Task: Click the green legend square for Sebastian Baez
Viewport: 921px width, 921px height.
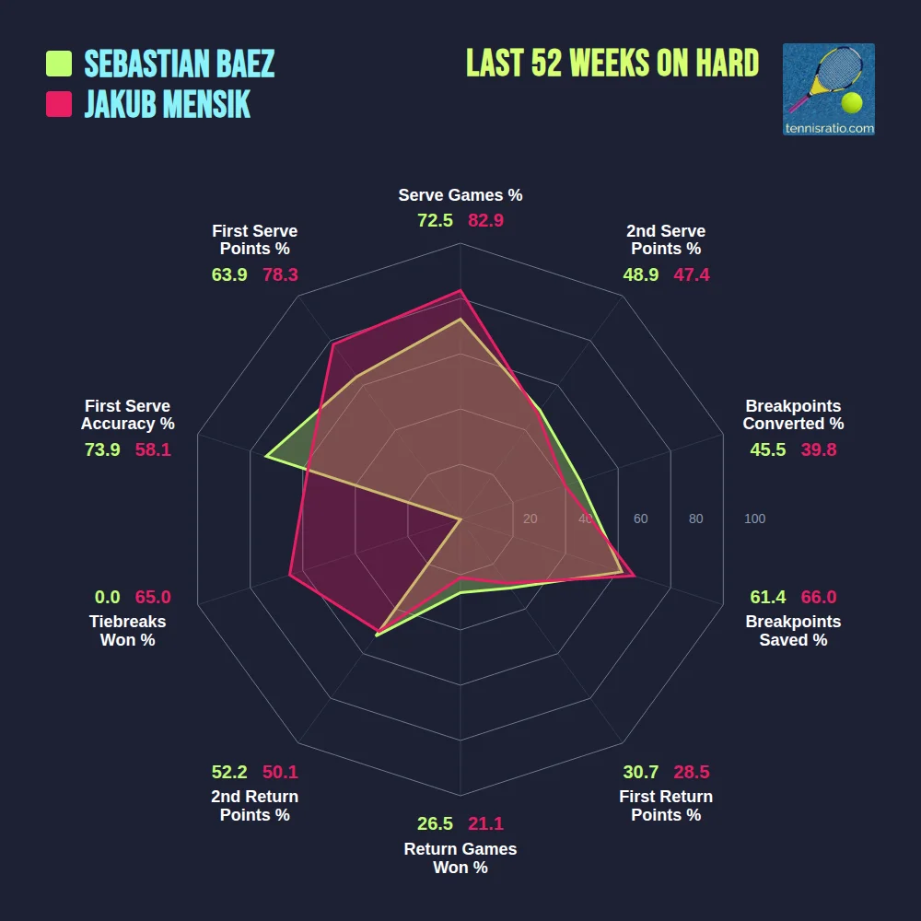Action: click(x=59, y=64)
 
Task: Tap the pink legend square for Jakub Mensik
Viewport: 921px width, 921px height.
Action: click(x=59, y=104)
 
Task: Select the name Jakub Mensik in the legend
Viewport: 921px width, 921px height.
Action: click(x=167, y=104)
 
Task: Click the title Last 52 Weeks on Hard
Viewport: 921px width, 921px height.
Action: click(x=612, y=64)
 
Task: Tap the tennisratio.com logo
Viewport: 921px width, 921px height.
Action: click(x=828, y=89)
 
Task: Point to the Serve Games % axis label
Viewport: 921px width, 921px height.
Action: click(x=460, y=195)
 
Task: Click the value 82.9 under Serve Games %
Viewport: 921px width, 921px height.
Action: click(x=485, y=221)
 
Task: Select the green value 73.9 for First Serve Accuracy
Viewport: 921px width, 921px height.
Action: click(x=102, y=449)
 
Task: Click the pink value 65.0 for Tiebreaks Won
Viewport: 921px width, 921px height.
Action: click(x=153, y=597)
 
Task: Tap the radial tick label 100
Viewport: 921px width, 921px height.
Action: click(x=754, y=519)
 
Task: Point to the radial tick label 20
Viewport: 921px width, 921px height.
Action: click(x=530, y=519)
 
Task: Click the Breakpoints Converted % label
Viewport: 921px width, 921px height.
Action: click(x=793, y=415)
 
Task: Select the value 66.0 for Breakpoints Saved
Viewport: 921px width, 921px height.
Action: click(x=819, y=597)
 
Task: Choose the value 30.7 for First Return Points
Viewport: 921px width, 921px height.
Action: click(x=641, y=772)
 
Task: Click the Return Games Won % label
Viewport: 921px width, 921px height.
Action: click(x=460, y=858)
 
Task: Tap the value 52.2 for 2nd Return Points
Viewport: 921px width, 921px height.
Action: click(x=229, y=772)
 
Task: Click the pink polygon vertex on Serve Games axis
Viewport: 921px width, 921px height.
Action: click(x=460, y=290)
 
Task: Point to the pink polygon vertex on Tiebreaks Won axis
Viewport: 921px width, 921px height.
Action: click(x=290, y=576)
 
